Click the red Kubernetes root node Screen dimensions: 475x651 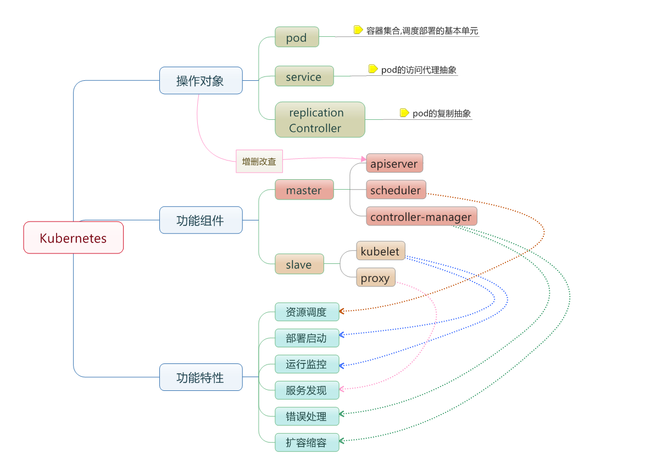click(x=73, y=237)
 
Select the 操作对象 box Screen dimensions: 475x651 click(x=201, y=80)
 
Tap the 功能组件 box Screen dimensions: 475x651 click(x=201, y=220)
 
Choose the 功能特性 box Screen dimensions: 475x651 click(x=201, y=377)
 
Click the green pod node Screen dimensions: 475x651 click(x=297, y=37)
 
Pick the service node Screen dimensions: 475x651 click(x=304, y=76)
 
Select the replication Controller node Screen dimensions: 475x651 click(x=320, y=119)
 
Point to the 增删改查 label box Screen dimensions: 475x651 click(x=259, y=161)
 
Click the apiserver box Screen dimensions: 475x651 click(x=394, y=163)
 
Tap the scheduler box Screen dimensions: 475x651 click(x=396, y=190)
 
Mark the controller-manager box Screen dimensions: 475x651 click(x=421, y=216)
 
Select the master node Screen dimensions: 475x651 click(x=304, y=190)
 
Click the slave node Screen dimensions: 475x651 click(x=299, y=264)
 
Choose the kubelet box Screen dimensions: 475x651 click(x=381, y=251)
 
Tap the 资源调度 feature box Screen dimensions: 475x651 click(x=307, y=312)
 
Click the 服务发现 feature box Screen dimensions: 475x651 click(x=307, y=390)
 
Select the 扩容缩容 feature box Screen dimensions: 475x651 click(x=307, y=442)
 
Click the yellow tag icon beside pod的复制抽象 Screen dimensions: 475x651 click(x=404, y=113)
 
